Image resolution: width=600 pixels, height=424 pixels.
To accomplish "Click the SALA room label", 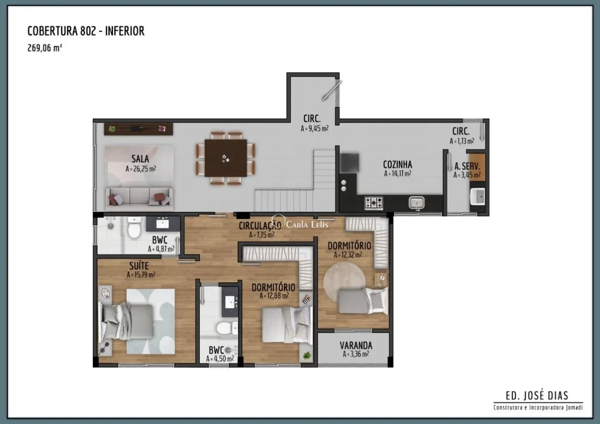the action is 140,159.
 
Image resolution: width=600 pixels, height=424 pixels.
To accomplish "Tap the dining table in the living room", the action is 226,158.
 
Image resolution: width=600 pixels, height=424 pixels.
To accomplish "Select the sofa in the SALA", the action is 139,199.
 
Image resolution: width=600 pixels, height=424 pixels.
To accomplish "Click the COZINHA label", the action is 397,164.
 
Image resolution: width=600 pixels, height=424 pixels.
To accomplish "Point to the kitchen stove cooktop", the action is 373,203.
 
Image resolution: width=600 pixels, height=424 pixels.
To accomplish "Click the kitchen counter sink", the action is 416,203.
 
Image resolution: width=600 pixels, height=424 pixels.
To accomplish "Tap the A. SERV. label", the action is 467,166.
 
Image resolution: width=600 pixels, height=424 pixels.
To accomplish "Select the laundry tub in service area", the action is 478,196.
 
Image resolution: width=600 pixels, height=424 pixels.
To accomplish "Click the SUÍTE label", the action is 139,266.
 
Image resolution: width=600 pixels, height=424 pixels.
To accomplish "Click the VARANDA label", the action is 356,345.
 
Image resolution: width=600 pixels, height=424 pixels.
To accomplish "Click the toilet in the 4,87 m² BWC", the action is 134,228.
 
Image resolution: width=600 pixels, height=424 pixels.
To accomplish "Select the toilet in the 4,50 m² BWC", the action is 227,328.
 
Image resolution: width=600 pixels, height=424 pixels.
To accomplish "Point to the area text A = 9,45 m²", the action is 315,129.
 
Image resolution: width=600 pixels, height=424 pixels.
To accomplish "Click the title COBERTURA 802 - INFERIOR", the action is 86,31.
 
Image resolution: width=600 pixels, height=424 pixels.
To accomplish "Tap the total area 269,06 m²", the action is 45,48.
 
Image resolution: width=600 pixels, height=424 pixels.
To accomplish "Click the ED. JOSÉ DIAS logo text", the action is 537,395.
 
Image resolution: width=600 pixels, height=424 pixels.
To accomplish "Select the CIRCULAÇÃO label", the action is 260,226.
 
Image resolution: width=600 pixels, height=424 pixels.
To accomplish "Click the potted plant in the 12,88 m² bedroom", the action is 307,355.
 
